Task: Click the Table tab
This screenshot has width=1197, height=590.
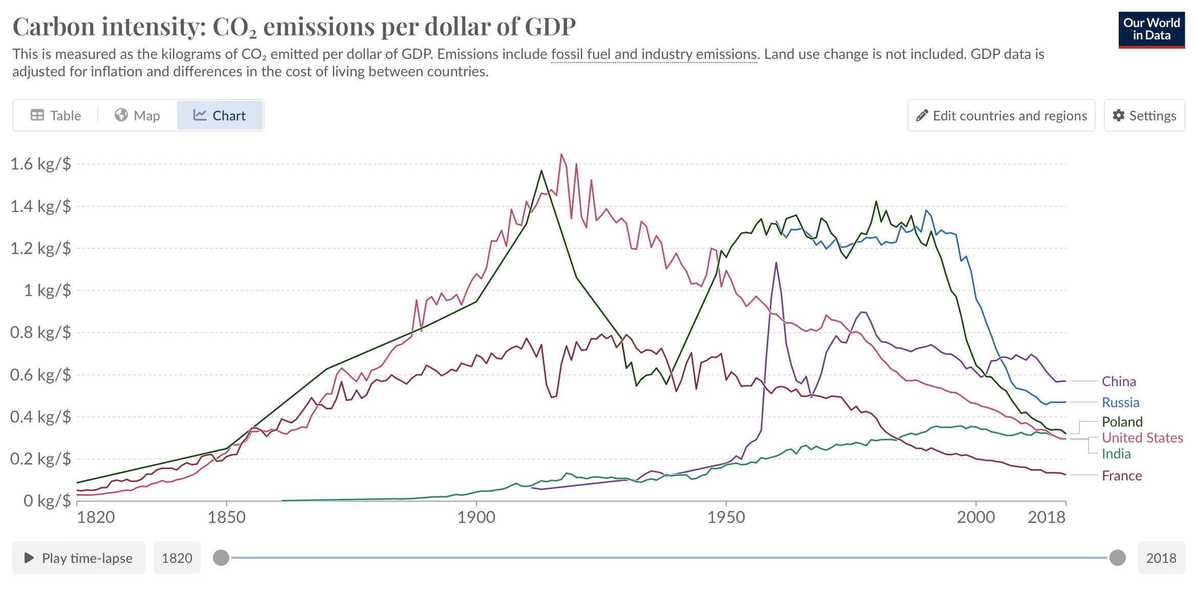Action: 56,116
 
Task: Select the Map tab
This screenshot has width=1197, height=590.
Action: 137,116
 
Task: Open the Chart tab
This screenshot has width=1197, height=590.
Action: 220,116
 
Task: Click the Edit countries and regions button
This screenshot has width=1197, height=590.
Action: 1001,116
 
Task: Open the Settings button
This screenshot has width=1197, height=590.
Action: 1144,116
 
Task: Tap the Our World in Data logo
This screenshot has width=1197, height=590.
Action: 1151,30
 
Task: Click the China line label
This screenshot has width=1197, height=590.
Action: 1119,382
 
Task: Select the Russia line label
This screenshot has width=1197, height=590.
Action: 1120,403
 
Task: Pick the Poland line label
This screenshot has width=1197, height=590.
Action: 1122,422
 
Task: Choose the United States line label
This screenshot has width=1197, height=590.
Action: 1142,438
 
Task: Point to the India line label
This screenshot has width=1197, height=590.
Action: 1116,454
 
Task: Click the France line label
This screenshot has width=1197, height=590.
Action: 1122,476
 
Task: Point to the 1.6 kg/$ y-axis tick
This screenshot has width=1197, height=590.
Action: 40,164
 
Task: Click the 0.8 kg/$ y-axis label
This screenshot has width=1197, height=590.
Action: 40,332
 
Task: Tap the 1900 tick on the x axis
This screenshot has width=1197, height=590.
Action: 476,517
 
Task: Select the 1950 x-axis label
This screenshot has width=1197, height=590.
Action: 726,517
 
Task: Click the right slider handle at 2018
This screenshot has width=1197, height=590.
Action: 1117,558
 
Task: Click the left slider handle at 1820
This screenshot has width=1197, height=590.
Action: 221,558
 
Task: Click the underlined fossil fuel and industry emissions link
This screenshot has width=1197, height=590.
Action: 654,54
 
